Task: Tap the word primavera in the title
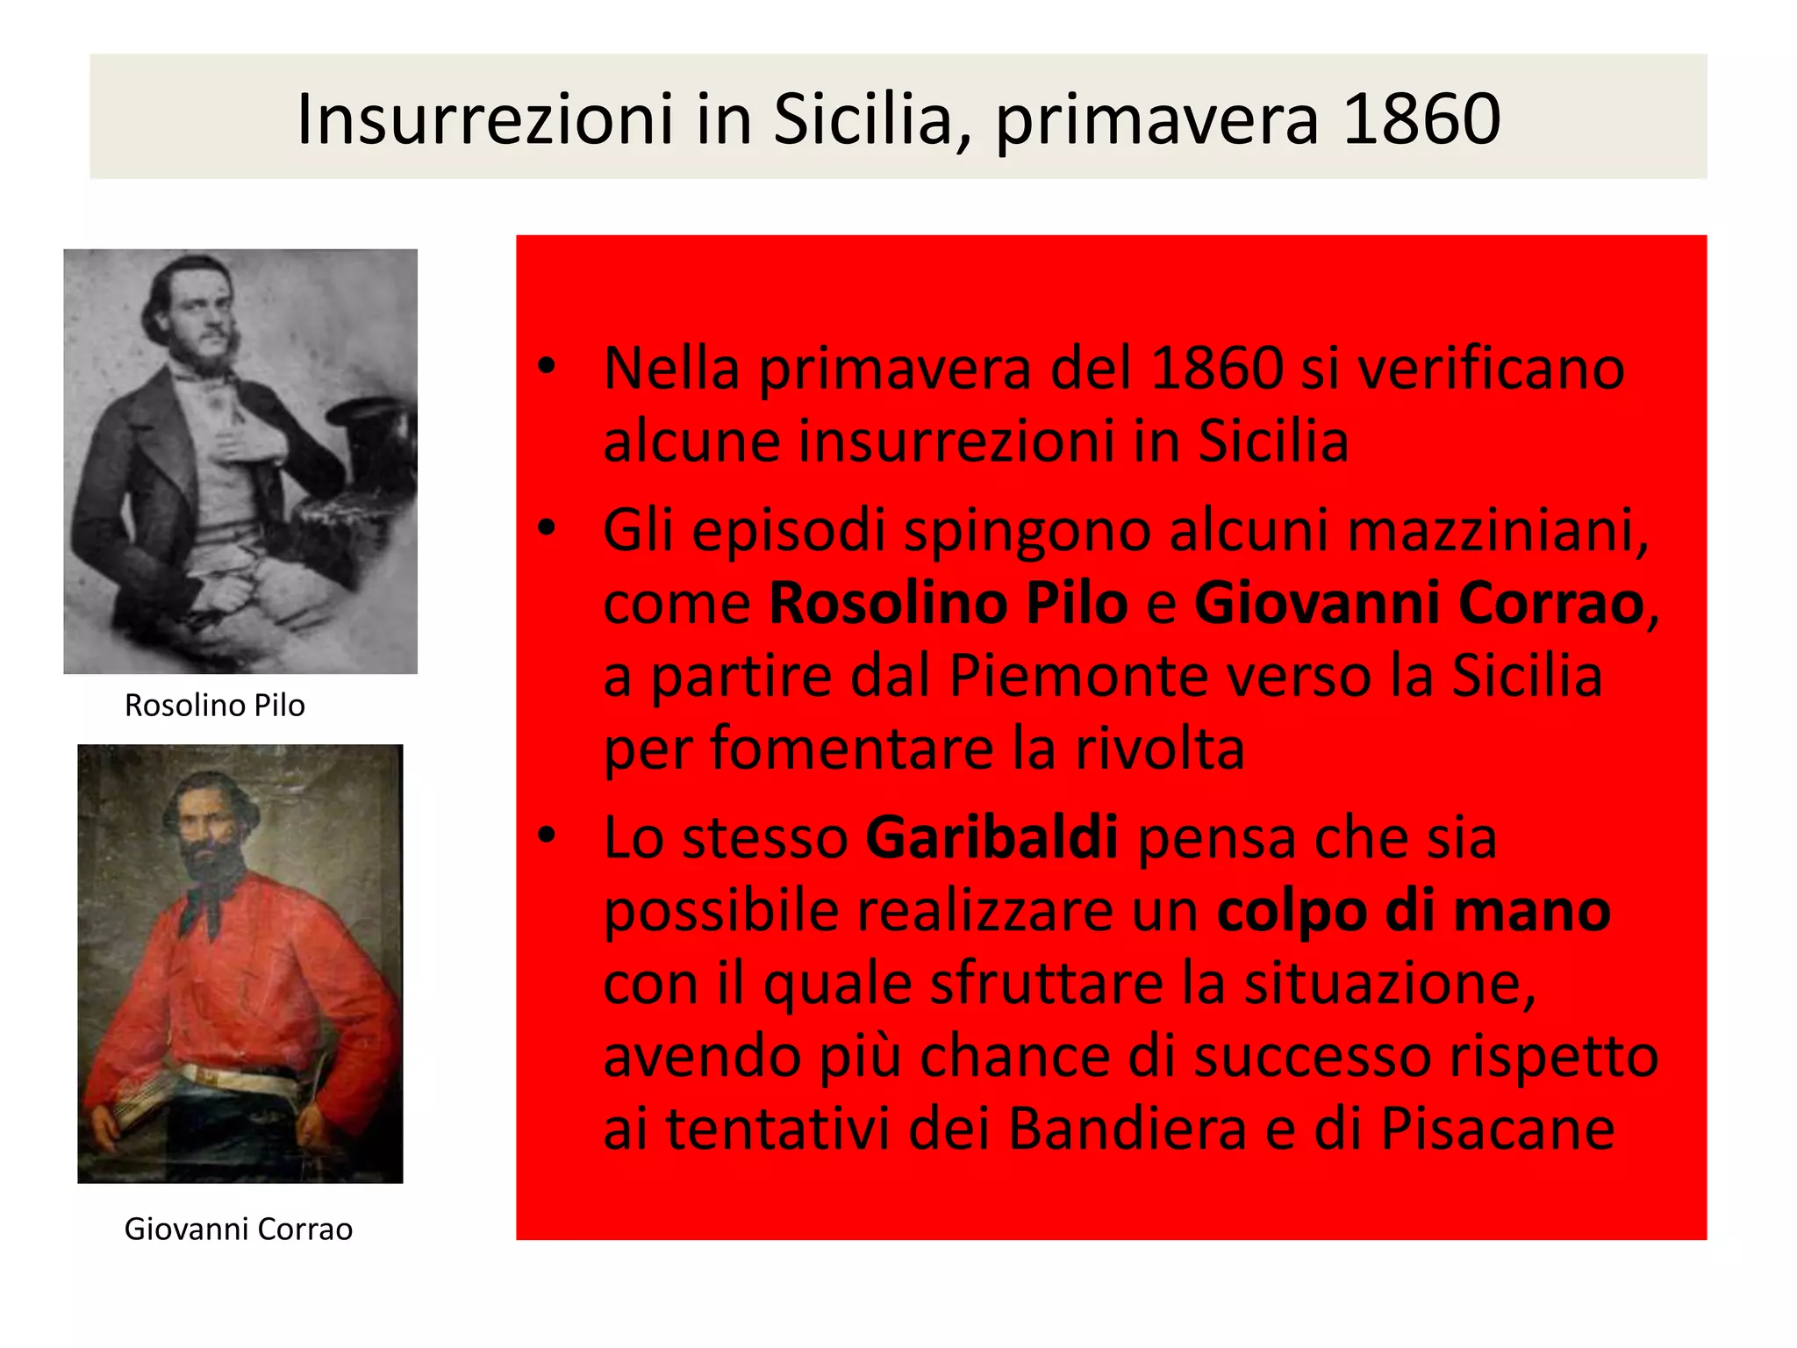pos(1156,121)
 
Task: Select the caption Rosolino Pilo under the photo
pos(215,705)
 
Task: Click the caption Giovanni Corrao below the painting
pos(238,1229)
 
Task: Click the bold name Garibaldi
pos(992,837)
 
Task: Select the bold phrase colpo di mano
pos(1413,911)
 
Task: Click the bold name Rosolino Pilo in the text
pos(948,603)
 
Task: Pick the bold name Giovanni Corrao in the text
pos(1419,603)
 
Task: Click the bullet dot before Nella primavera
pos(548,367)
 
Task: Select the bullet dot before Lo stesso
pos(548,836)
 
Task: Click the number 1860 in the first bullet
pos(1216,368)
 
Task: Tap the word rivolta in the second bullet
pos(1159,749)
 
